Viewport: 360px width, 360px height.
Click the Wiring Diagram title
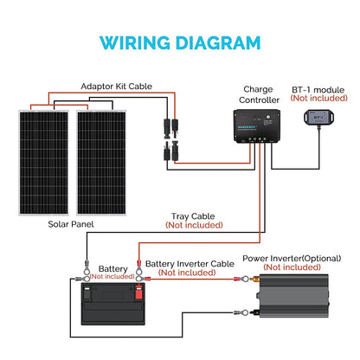(x=180, y=42)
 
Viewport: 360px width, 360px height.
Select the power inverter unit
(x=295, y=308)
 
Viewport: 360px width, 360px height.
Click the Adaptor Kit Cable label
(x=118, y=87)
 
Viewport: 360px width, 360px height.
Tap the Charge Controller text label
(x=258, y=94)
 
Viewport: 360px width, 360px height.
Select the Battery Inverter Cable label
(x=190, y=262)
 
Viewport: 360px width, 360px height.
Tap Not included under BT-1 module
(x=319, y=99)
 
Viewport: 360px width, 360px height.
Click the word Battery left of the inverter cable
(x=112, y=267)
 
